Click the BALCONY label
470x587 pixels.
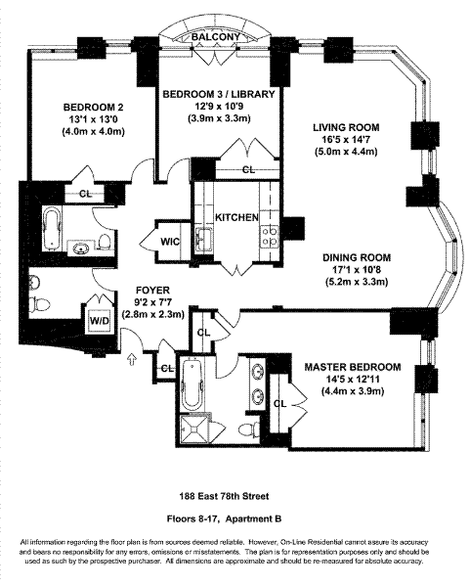[216, 37]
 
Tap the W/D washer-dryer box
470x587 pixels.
[100, 321]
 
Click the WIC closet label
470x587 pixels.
[170, 242]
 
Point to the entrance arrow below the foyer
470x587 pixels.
[132, 359]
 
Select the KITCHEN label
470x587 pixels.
[236, 217]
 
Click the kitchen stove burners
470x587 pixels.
[271, 236]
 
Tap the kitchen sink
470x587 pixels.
[203, 239]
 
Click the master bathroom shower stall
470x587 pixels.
[192, 429]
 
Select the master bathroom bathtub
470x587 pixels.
[192, 384]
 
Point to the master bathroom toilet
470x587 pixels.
[248, 429]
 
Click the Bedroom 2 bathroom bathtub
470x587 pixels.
[53, 229]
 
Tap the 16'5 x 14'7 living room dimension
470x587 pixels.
[346, 140]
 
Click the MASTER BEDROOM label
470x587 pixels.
[352, 367]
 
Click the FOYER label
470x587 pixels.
[152, 291]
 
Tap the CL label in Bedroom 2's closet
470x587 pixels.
[85, 194]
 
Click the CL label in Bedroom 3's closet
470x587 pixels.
[248, 170]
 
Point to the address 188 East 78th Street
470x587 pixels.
[224, 496]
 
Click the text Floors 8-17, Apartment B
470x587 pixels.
[224, 519]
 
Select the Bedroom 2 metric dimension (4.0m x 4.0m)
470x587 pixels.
[93, 132]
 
